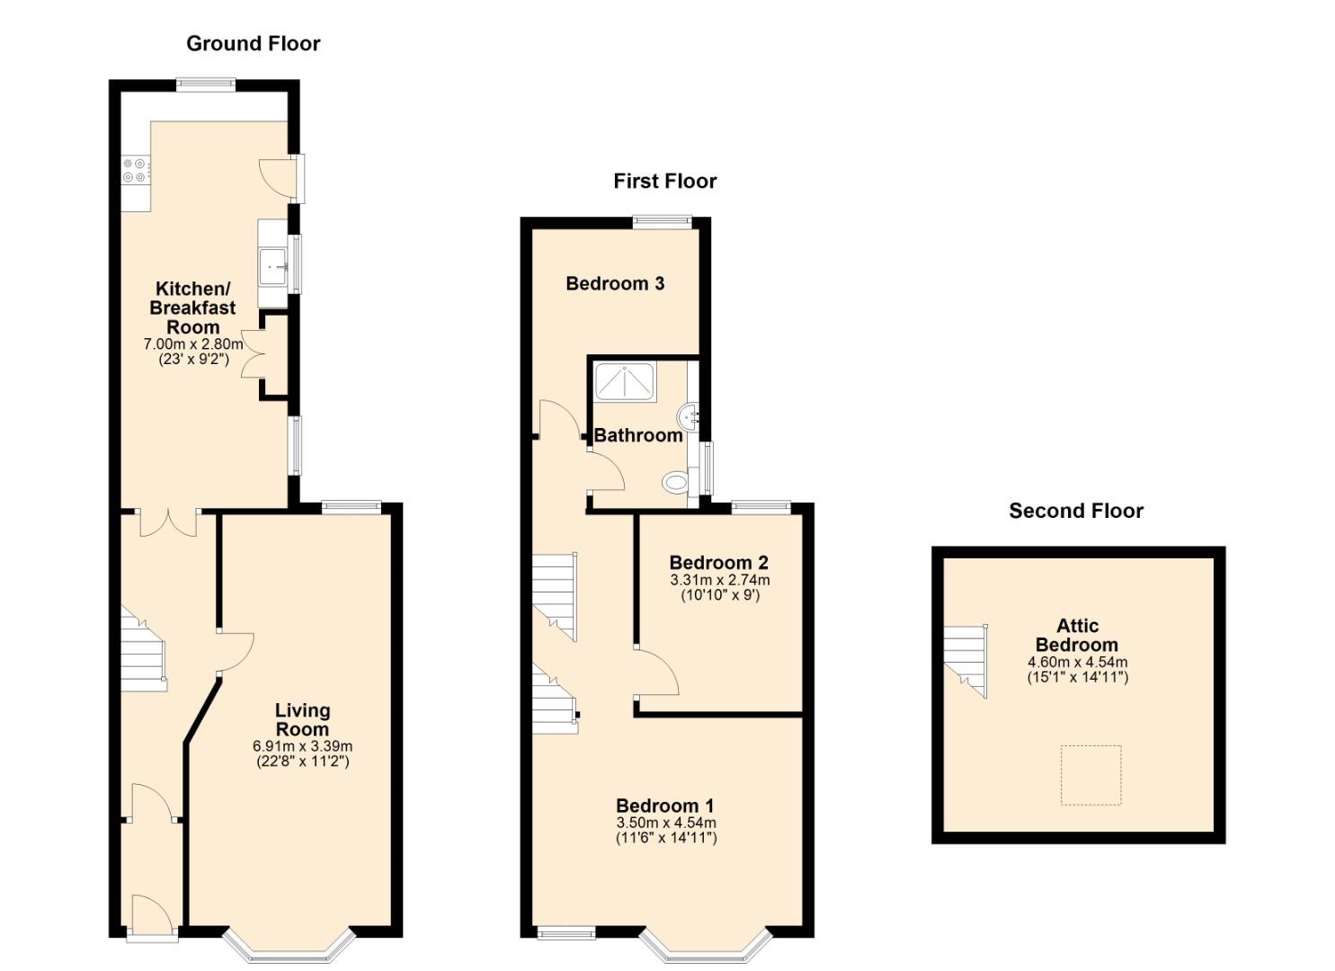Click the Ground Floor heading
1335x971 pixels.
[x=254, y=43]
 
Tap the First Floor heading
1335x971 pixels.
[x=665, y=182]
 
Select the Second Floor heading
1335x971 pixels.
[x=1076, y=511]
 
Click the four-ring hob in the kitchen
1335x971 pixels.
[x=135, y=169]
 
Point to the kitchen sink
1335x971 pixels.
[x=273, y=266]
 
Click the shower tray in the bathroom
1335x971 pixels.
[x=625, y=380]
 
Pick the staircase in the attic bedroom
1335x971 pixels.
[x=966, y=661]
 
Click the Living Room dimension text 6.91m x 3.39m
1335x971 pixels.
[x=303, y=745]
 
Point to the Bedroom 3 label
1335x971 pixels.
[x=615, y=283]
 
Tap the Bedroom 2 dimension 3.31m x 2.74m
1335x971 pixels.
[x=719, y=579]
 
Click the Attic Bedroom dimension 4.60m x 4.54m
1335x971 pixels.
[x=1078, y=662]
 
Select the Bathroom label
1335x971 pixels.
[x=638, y=435]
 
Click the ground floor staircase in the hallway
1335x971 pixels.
[x=144, y=648]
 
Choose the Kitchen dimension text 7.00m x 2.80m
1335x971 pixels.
[x=193, y=344]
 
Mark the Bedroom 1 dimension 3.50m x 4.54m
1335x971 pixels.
[x=666, y=823]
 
